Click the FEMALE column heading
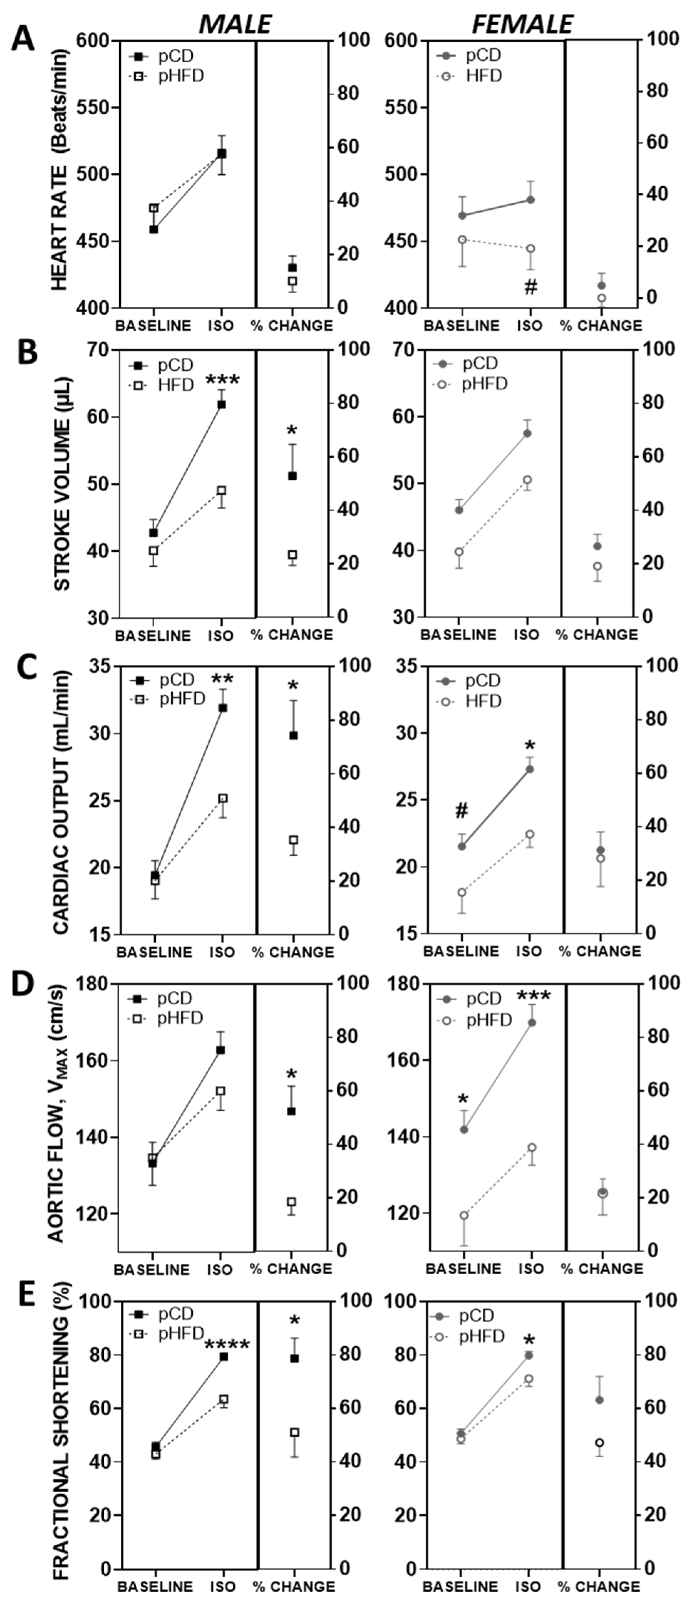[x=522, y=24]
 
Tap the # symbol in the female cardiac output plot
[x=461, y=811]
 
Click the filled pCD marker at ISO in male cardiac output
[x=222, y=708]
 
